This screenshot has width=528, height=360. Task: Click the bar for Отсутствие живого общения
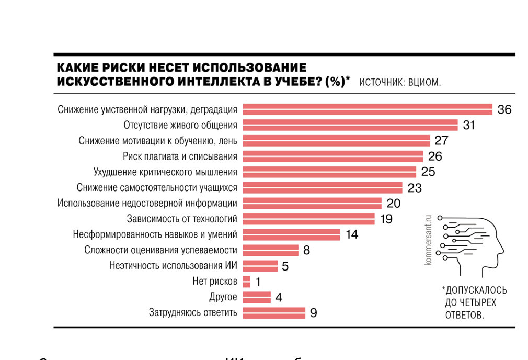click(350, 125)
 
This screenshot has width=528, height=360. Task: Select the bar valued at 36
click(368, 109)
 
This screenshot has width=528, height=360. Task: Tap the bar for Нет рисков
click(247, 282)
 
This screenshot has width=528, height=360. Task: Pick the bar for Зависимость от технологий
click(309, 219)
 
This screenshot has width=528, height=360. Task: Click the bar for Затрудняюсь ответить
click(274, 313)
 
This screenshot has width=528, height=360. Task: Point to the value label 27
click(441, 141)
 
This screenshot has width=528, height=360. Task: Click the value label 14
click(352, 234)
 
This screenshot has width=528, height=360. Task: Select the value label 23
click(414, 188)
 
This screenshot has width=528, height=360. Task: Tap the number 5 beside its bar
click(285, 266)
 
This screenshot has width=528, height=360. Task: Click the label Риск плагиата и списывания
click(180, 156)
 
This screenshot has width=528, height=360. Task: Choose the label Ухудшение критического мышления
click(165, 172)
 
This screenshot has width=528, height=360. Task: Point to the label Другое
click(223, 297)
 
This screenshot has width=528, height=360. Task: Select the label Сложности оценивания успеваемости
click(160, 250)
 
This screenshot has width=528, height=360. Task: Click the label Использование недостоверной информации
click(147, 203)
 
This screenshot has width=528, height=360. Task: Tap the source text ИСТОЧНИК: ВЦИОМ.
click(400, 82)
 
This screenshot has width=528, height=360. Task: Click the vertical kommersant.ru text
click(429, 240)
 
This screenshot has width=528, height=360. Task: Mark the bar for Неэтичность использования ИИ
click(260, 266)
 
